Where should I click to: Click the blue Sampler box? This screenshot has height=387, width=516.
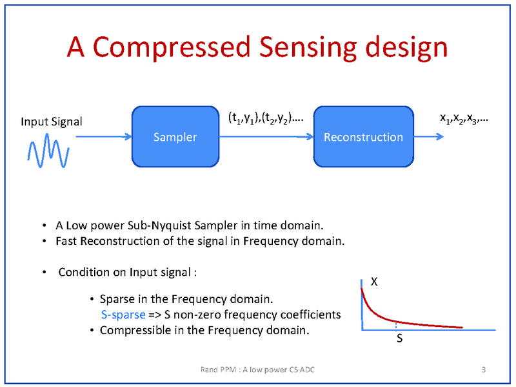[x=175, y=137]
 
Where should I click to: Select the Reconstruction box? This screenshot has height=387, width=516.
[x=363, y=137]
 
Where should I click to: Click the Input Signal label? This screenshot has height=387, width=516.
[x=52, y=121]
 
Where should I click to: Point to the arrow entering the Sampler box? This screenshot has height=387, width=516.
[x=103, y=137]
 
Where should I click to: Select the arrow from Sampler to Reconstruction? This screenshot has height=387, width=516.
[x=266, y=137]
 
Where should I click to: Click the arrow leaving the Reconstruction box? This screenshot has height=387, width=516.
[x=428, y=137]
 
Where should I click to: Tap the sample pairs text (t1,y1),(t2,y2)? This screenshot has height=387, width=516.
[x=265, y=118]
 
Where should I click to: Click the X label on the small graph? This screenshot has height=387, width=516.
[x=374, y=281]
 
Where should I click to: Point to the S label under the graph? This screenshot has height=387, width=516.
[x=400, y=339]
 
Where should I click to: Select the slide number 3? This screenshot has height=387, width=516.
[x=484, y=370]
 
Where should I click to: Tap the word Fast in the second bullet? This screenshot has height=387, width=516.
[x=66, y=242]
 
